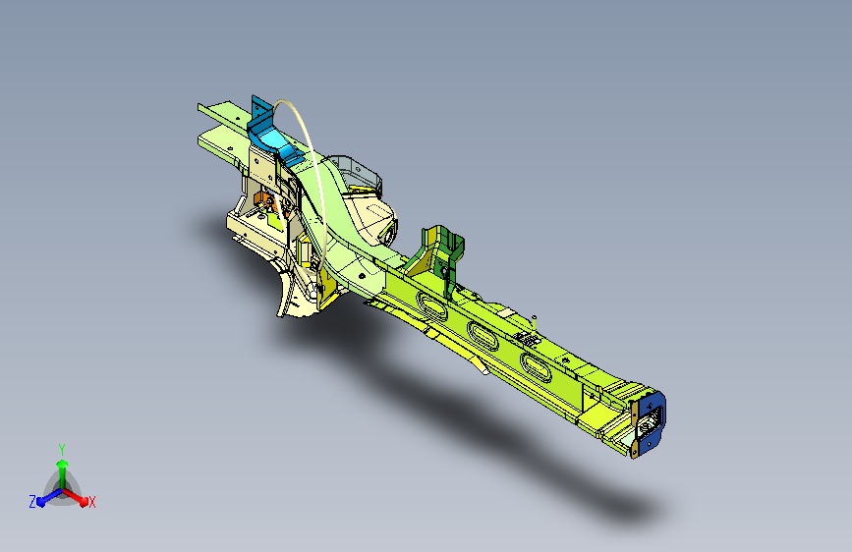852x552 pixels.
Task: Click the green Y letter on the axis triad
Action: coord(62,447)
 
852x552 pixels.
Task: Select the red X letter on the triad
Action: coord(92,502)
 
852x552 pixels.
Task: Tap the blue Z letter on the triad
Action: coord(32,502)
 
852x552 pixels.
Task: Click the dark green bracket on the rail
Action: coord(439,251)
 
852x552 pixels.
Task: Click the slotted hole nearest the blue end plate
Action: coord(538,366)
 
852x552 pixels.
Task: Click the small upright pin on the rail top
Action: coord(532,317)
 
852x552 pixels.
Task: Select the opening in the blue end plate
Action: coord(650,423)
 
